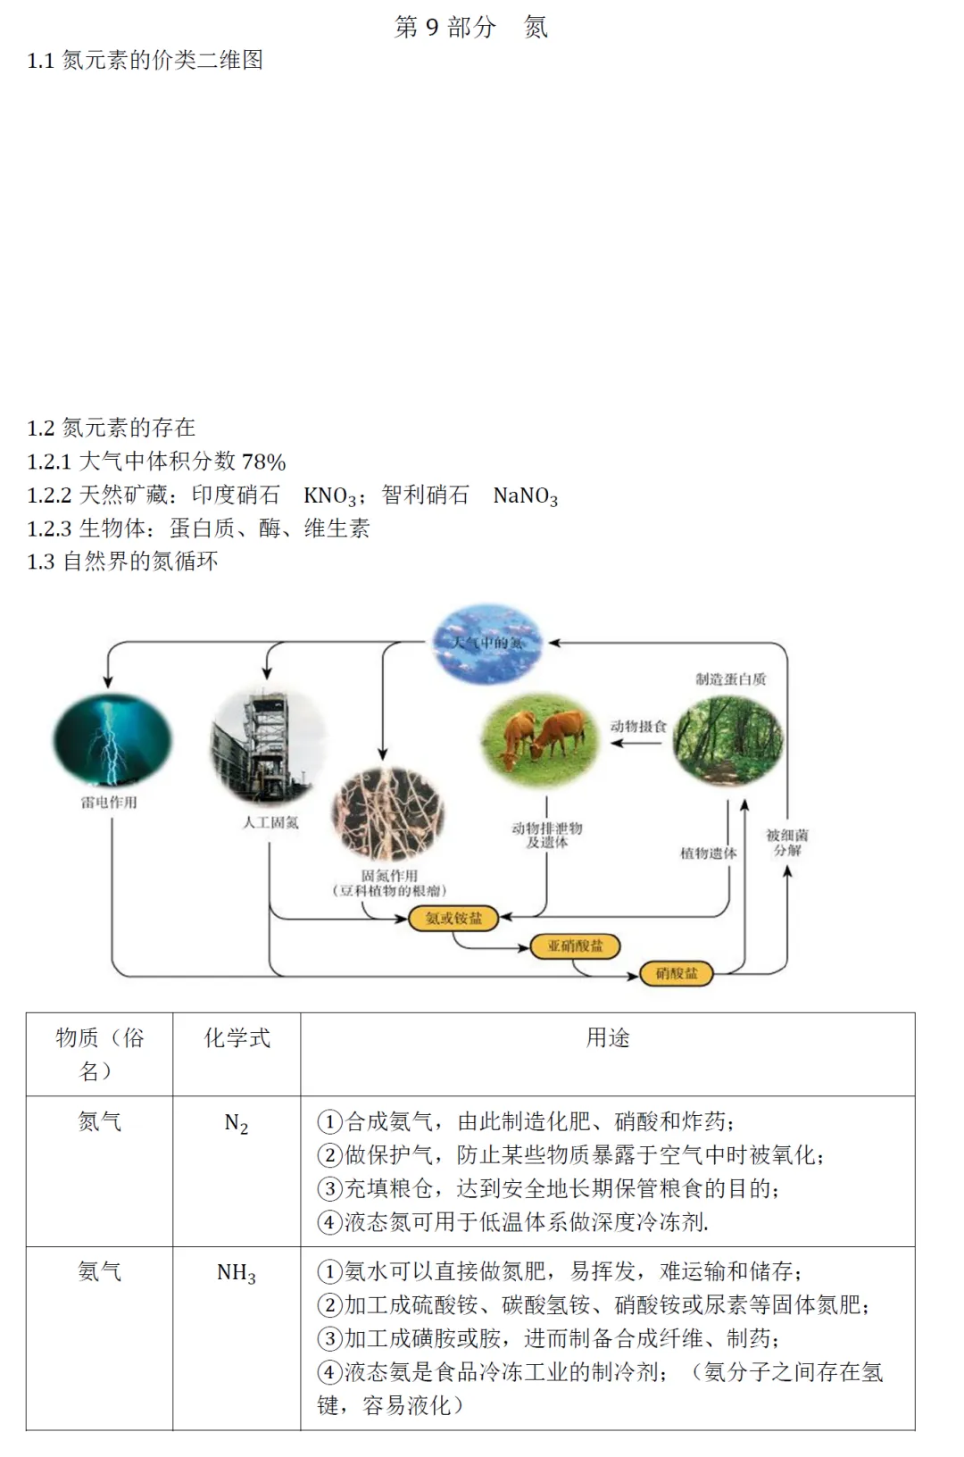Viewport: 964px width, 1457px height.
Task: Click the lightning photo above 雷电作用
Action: tap(112, 740)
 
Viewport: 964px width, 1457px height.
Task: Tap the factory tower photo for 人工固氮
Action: tap(268, 746)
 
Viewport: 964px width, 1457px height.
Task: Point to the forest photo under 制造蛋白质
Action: tap(727, 742)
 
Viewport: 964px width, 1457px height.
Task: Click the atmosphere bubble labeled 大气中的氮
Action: tap(487, 643)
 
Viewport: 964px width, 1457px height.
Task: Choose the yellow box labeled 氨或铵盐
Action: tap(453, 918)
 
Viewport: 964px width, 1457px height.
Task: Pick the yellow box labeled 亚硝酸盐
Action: tap(575, 945)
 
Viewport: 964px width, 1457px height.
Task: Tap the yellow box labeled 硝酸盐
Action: tap(677, 973)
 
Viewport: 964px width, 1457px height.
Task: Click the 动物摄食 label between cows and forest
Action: tap(638, 726)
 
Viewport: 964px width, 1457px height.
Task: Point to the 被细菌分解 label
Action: tap(787, 842)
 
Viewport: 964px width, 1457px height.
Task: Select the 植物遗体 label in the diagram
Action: tap(709, 853)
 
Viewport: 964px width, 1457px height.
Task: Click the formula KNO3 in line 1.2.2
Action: tap(329, 495)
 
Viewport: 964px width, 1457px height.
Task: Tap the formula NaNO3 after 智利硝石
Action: tap(525, 495)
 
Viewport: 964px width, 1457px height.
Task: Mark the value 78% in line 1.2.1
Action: tap(264, 462)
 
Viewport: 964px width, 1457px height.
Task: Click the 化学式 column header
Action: tap(237, 1037)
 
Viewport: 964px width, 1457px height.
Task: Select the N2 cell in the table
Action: tap(237, 1123)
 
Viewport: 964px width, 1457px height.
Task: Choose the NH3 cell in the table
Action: tap(237, 1273)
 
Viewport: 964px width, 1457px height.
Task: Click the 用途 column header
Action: tap(608, 1037)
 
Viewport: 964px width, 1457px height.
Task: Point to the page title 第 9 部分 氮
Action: tap(471, 27)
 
